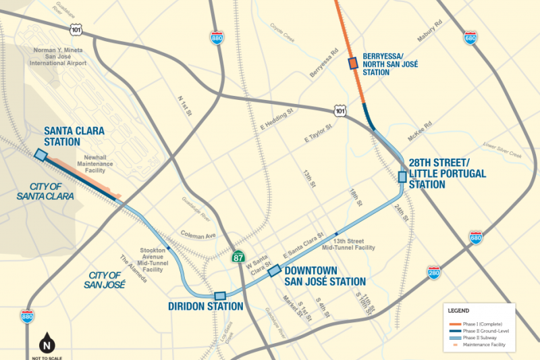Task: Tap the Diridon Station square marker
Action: [x=219, y=296]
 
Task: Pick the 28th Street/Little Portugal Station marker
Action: [x=402, y=177]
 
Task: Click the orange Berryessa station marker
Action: [x=352, y=63]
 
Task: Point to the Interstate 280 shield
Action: [x=434, y=272]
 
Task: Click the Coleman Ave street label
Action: [x=197, y=234]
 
